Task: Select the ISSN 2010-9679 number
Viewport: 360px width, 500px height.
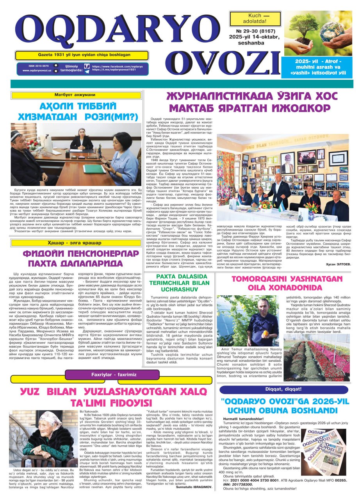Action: click(x=39, y=66)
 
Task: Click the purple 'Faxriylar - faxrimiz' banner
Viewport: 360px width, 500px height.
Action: click(x=112, y=375)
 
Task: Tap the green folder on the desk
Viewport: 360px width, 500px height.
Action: click(x=94, y=169)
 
